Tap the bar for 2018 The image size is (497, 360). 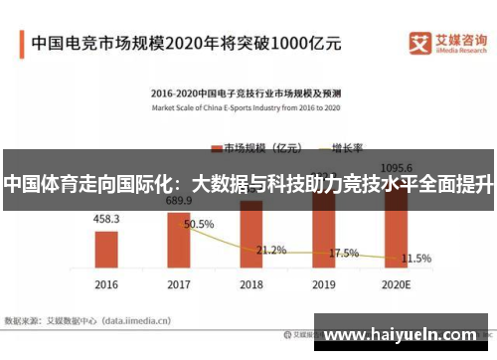coord(251,239)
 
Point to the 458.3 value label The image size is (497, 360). coord(106,219)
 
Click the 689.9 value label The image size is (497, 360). coord(179,201)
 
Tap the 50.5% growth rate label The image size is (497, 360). coord(199,225)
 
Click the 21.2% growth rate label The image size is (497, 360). coord(271,250)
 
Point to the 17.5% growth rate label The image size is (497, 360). coord(344,253)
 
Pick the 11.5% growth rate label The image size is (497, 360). coord(415,259)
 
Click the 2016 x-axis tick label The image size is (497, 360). coord(106,284)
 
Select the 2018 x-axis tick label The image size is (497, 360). coord(251,284)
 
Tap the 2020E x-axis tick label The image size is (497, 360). coord(397,284)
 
